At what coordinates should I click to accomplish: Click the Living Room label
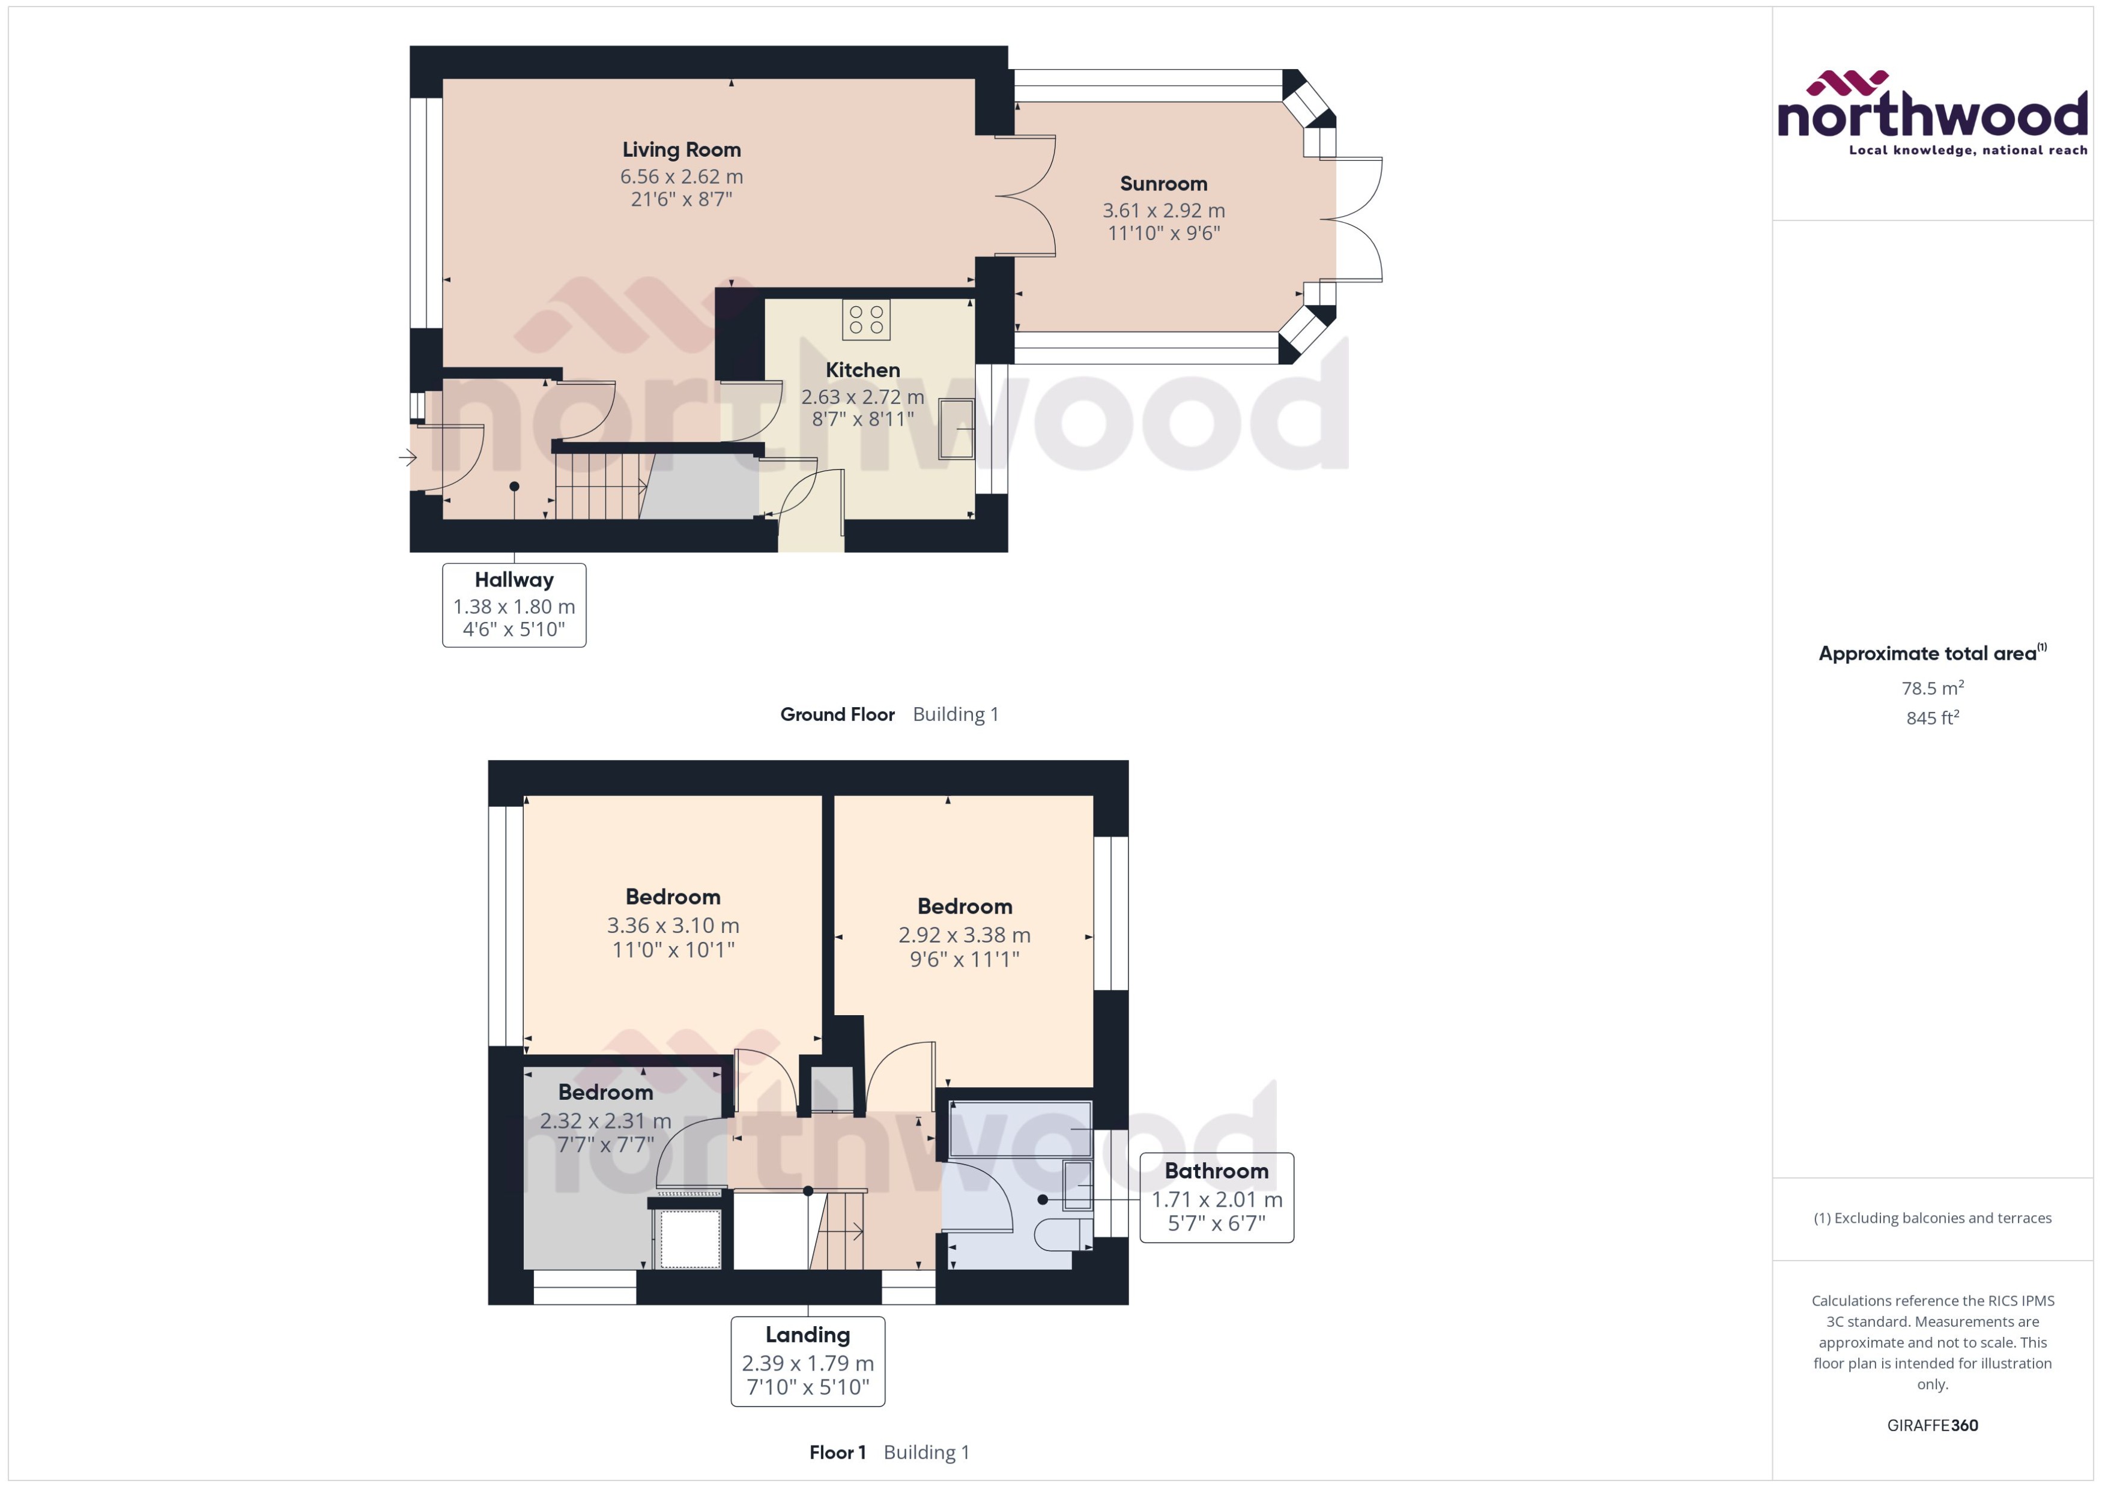tap(682, 150)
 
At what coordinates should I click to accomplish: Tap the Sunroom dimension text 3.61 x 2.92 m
tap(1163, 211)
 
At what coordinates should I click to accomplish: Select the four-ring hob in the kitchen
tap(865, 319)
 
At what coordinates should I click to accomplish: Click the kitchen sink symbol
tap(956, 429)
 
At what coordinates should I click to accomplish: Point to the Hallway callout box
tap(514, 605)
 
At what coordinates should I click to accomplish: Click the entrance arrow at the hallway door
tap(408, 457)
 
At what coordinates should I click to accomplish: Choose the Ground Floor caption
tap(837, 714)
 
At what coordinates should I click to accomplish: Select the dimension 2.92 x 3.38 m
tap(965, 935)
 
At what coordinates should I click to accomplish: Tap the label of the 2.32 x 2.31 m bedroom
tap(605, 1093)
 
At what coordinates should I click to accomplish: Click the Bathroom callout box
tap(1216, 1198)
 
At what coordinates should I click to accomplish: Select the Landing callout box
tap(808, 1362)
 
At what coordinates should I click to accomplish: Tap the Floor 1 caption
tap(837, 1452)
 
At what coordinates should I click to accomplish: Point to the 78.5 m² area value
tap(1933, 687)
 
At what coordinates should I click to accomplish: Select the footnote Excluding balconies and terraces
tap(1933, 1218)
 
